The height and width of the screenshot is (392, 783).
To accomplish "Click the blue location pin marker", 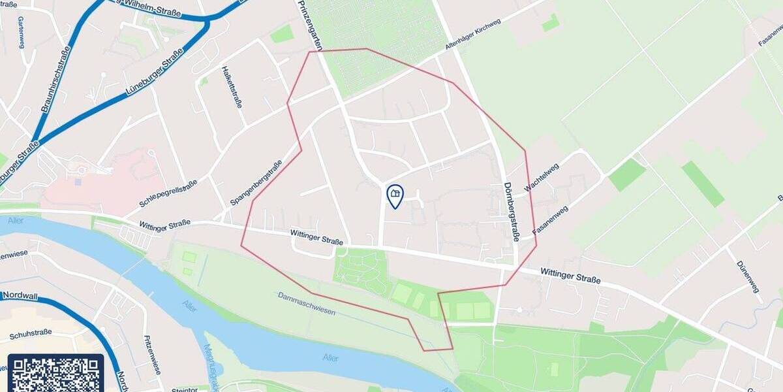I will coord(395,196).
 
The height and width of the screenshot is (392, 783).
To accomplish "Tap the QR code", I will coord(55,374).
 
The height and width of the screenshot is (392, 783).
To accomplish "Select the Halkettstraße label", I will coord(233,86).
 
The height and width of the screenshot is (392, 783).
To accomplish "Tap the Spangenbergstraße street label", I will coord(256,182).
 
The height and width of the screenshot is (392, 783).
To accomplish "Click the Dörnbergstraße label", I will coord(510,211).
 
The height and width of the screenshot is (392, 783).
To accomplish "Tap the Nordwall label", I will coord(19,296).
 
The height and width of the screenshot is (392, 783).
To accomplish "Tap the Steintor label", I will coord(184,390).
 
